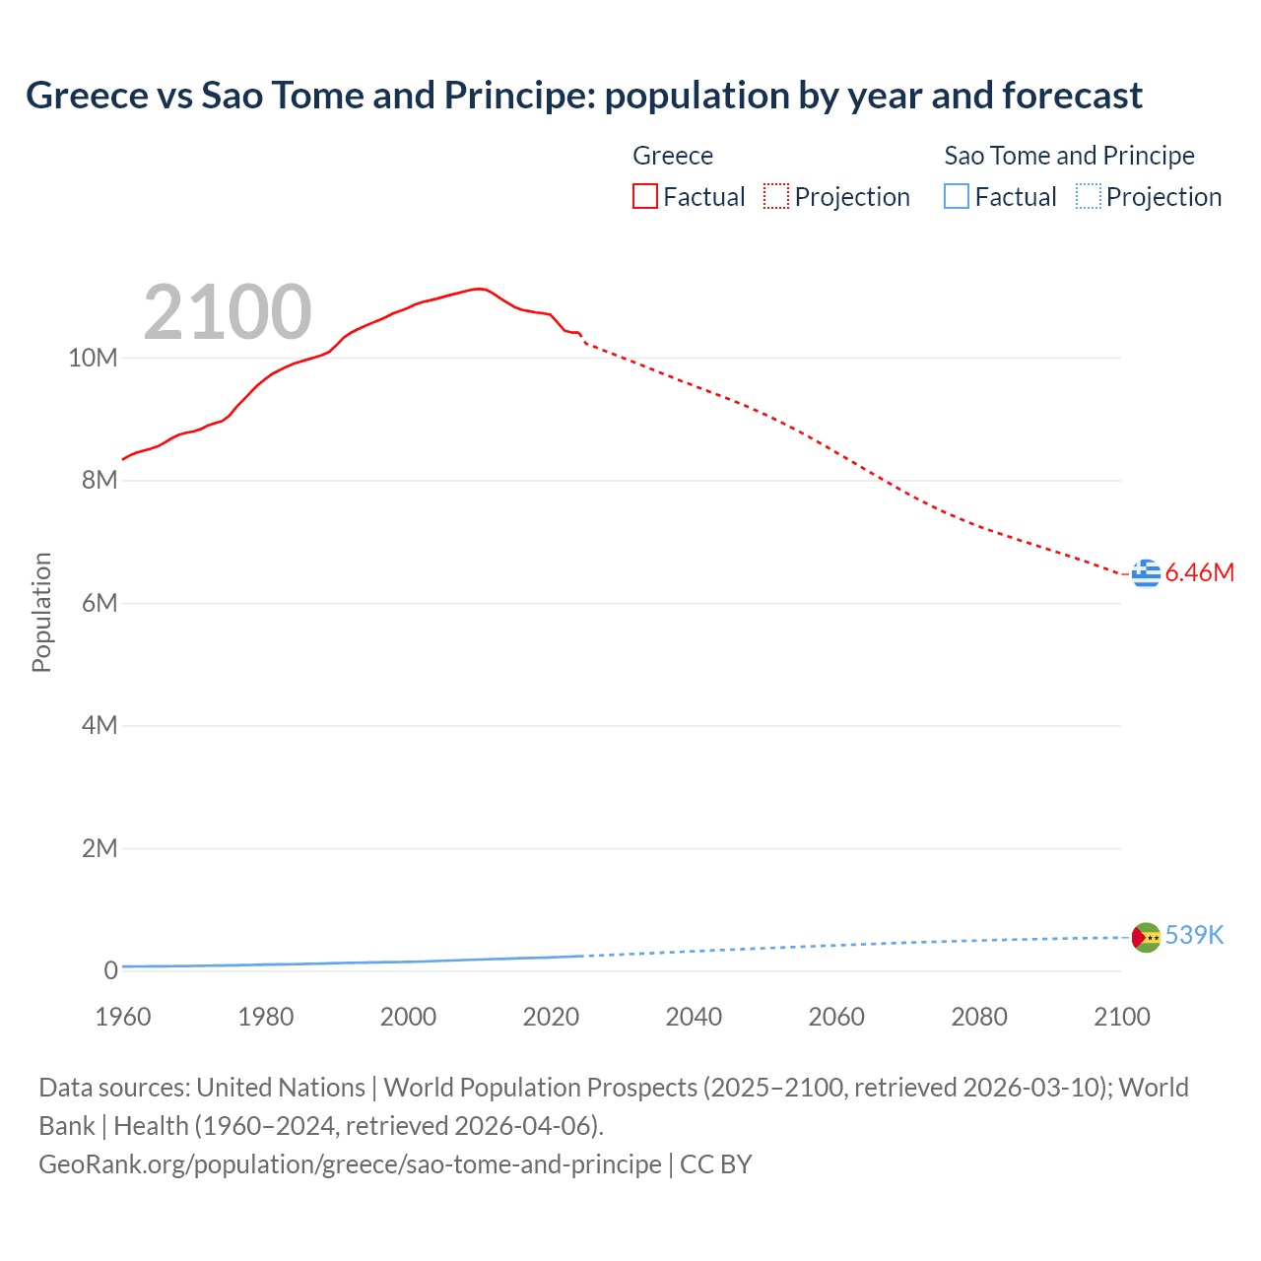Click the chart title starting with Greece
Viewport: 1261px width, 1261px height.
tap(583, 96)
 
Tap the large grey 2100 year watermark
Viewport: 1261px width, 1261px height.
tap(228, 312)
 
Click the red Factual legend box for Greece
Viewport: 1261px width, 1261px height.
tap(645, 197)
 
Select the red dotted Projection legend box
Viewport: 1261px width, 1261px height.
tap(776, 197)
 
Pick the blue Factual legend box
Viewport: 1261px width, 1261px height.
tap(957, 197)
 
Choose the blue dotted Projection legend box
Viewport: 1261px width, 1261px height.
tap(1089, 197)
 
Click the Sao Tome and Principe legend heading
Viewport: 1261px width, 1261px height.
tap(1069, 156)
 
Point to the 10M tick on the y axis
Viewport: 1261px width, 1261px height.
tap(93, 358)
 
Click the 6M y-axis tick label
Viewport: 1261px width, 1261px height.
tap(99, 603)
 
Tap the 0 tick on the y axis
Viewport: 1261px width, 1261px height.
tap(110, 970)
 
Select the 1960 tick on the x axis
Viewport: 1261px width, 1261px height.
tap(123, 1017)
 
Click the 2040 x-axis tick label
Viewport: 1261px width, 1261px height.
tap(694, 1017)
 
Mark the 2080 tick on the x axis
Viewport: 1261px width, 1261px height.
tap(979, 1017)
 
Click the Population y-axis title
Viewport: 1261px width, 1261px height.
tap(41, 612)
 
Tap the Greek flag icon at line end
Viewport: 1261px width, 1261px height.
tap(1146, 572)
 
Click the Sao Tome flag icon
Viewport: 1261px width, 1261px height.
tap(1146, 937)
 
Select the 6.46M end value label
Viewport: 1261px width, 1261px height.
tap(1199, 572)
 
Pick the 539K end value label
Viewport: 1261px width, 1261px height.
tap(1194, 936)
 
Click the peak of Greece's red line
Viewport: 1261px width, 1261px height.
tap(478, 289)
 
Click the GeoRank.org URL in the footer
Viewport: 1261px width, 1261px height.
tap(350, 1164)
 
